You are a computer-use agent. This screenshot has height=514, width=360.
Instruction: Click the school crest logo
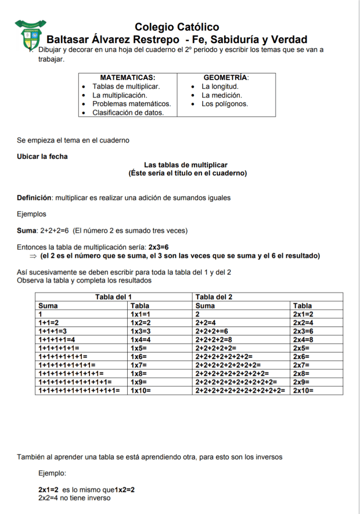pos(30,35)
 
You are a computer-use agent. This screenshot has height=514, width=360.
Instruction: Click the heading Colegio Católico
pos(176,27)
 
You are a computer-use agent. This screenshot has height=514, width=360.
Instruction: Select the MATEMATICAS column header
pos(128,78)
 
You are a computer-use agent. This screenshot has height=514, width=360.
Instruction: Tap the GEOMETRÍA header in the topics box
pos(226,78)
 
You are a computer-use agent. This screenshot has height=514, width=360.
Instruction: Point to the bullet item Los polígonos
pos(225,104)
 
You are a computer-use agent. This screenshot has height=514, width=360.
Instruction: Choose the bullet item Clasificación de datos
pos(128,113)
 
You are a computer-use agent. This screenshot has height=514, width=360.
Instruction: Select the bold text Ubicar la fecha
pos(42,156)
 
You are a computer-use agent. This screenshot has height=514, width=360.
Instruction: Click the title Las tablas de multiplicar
pos(186,165)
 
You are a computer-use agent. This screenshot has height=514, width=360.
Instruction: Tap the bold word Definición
pos(34,198)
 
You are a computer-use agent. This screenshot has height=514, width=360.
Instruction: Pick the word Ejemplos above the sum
pos(32,214)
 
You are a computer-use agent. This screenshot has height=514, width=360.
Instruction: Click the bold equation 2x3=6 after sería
pos(158,247)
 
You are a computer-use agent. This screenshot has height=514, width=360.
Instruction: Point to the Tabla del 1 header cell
pos(114,297)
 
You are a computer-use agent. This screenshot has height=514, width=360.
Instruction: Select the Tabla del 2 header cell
pos(214,297)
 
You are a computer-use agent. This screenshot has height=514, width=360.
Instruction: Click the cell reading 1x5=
pos(138,348)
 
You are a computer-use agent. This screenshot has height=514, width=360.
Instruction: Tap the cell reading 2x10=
pos(303,390)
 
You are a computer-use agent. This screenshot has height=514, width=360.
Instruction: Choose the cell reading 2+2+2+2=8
pos(214,339)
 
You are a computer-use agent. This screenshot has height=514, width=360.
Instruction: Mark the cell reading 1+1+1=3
pos(53,331)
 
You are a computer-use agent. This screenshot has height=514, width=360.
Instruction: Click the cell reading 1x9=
pos(138,382)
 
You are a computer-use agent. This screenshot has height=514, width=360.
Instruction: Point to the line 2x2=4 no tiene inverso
pos(74,498)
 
